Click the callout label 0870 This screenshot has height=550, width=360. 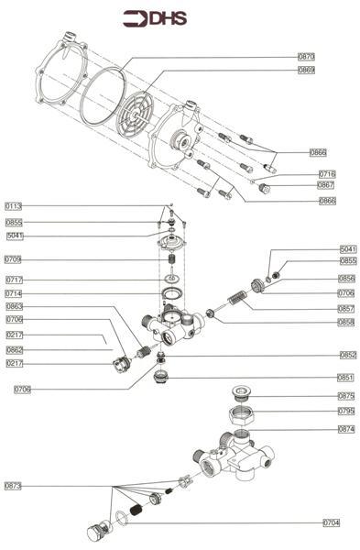click(306, 57)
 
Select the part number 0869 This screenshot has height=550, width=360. click(306, 71)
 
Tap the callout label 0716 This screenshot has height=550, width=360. click(327, 173)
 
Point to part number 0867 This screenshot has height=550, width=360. click(326, 185)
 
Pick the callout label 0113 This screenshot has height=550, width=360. click(14, 206)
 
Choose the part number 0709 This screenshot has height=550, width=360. click(14, 259)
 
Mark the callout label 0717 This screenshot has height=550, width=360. click(14, 280)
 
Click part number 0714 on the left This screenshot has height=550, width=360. click(14, 293)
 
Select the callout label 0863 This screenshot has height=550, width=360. click(14, 307)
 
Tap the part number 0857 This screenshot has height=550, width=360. click(346, 308)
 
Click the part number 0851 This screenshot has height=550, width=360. click(346, 377)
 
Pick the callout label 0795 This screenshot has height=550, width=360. click(345, 412)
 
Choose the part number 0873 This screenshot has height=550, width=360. click(14, 485)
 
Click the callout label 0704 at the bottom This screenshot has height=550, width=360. click(332, 522)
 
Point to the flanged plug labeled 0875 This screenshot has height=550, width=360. click(243, 395)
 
